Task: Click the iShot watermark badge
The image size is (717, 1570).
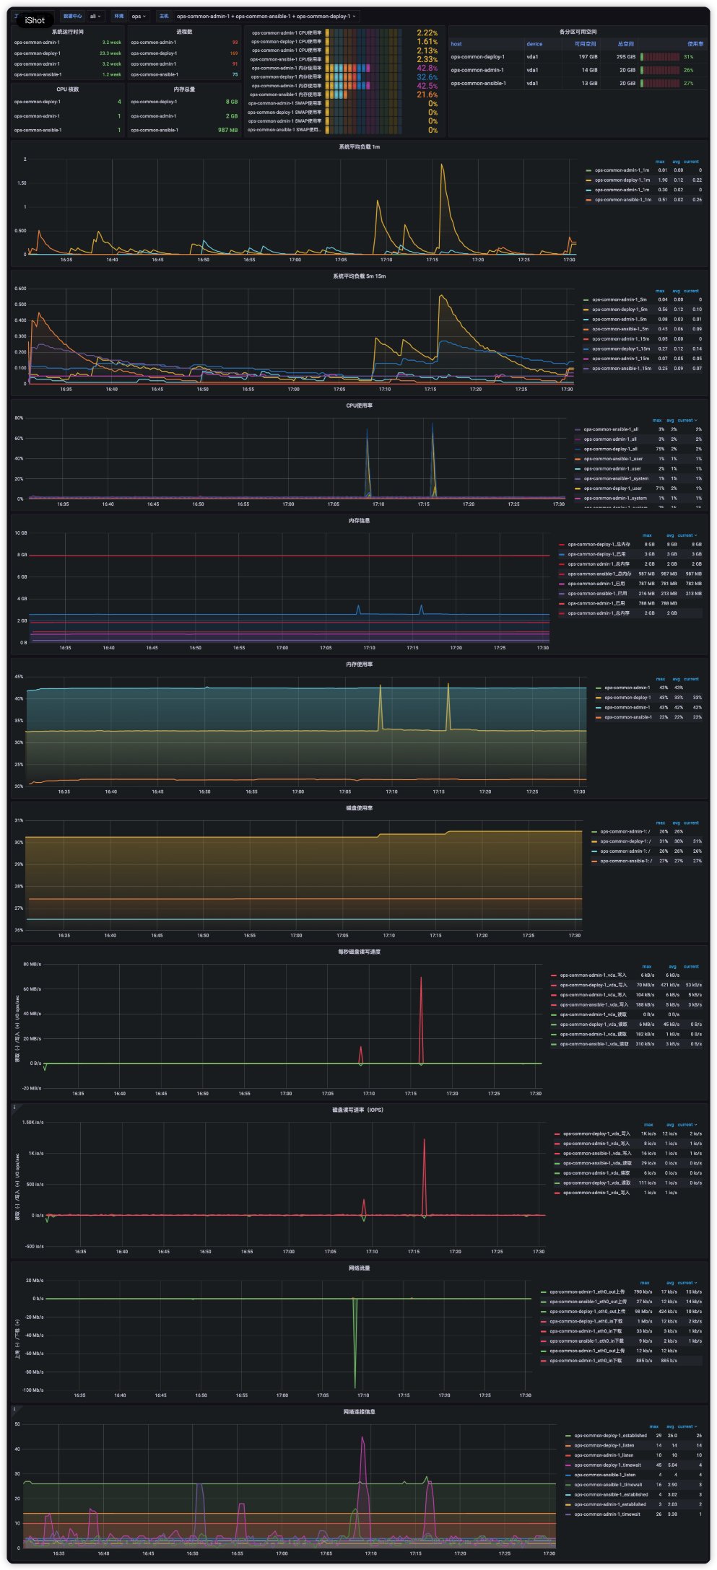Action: pos(34,20)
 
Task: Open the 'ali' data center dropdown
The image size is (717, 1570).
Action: pos(95,16)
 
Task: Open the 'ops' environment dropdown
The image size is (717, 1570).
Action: pos(139,16)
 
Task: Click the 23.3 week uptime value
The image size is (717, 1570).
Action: pos(110,53)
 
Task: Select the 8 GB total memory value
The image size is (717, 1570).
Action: pos(231,102)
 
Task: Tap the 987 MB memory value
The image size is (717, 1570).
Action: pos(227,130)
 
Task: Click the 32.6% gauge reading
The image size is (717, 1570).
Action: pos(427,77)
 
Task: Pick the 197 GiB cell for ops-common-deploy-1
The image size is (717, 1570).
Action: pos(588,57)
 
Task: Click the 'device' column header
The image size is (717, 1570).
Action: pos(534,44)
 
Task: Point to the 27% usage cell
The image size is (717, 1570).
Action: pos(688,83)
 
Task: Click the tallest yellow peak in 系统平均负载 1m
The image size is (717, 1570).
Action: pos(442,165)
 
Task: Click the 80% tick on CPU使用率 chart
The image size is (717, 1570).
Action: pos(19,418)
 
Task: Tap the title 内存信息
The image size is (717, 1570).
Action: pos(359,520)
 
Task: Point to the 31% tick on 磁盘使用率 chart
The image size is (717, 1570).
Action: pos(19,820)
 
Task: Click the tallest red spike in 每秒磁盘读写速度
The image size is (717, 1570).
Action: pos(421,979)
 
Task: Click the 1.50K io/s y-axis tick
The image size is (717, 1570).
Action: pos(32,1122)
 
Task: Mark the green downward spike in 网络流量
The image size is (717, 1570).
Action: pos(355,1385)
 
